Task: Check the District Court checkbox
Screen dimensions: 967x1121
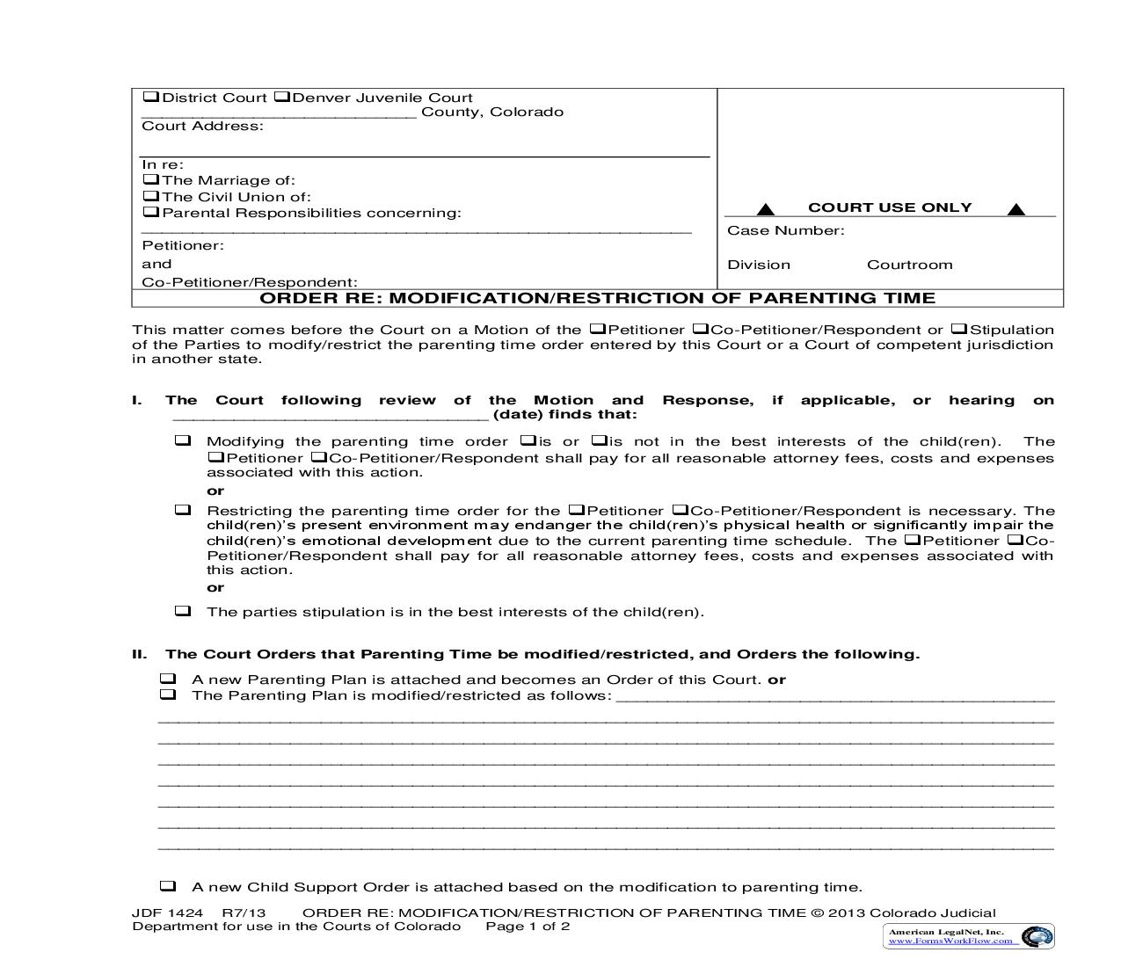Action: coord(150,98)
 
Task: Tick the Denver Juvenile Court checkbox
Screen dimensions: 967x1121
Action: coord(281,98)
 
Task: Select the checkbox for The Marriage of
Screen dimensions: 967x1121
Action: coord(150,180)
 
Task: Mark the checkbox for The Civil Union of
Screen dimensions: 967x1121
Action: coord(150,197)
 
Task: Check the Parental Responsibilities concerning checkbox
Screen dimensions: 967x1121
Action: coord(150,213)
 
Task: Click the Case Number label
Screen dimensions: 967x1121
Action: coord(785,231)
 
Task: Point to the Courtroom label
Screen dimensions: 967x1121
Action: coord(909,265)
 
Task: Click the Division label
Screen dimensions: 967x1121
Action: coord(758,265)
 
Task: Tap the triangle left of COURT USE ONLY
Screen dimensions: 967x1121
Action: coord(766,209)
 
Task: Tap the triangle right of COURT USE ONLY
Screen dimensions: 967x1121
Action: coord(1015,209)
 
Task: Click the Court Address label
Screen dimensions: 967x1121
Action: coord(202,127)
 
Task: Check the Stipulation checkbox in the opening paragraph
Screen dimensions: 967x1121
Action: coord(959,330)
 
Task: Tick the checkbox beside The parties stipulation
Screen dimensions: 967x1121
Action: coord(183,611)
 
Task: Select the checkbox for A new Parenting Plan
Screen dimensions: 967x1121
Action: coord(168,679)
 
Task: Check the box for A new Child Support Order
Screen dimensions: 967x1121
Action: coord(168,886)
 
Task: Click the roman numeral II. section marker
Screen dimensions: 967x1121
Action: coord(139,654)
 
